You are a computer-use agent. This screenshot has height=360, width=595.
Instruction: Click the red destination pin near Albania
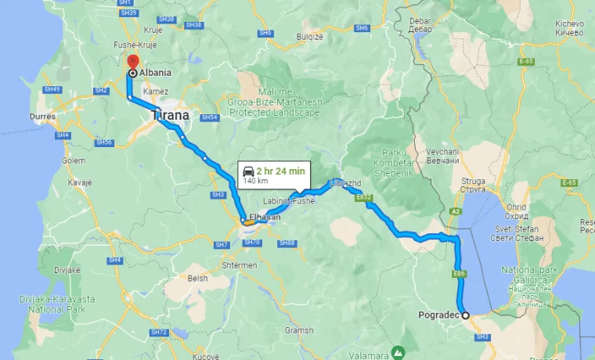(132, 62)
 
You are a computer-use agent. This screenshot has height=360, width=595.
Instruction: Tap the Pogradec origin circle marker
(465, 315)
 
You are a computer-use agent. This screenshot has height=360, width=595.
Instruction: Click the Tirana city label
(170, 115)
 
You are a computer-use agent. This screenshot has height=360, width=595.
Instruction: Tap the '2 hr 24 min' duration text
(280, 171)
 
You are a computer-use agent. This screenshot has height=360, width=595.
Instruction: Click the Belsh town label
(197, 277)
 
